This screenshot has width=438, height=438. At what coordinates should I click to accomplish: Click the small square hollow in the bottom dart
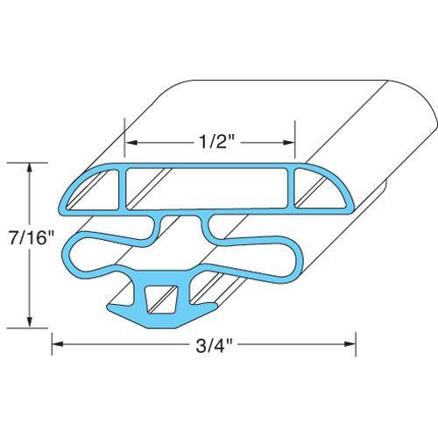[159, 299]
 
